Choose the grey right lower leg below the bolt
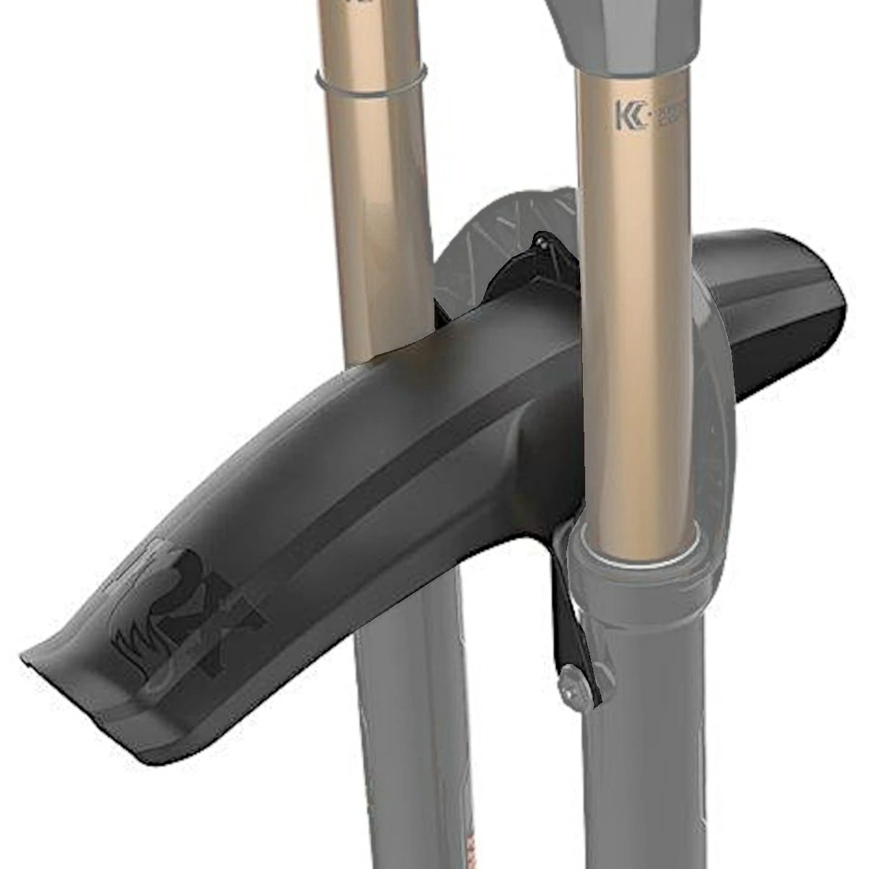point(637,782)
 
